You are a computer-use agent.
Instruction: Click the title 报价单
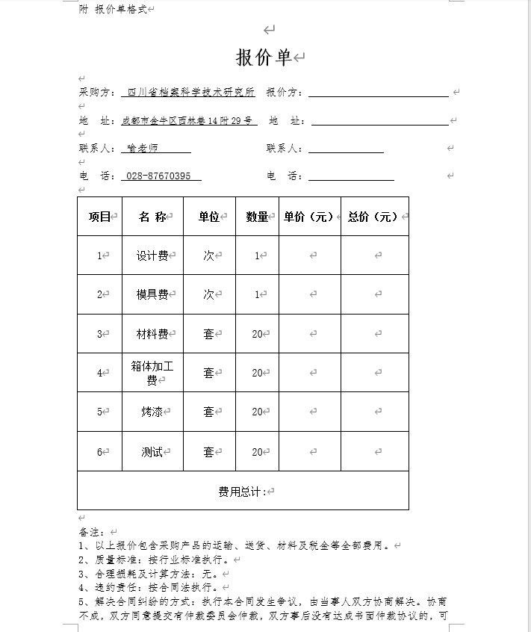tap(264, 58)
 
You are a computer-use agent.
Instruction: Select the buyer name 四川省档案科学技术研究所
tap(191, 93)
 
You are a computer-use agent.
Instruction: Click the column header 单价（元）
tap(308, 217)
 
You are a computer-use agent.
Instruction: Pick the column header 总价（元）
tap(373, 217)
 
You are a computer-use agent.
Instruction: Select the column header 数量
tap(257, 217)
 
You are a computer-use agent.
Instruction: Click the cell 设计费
tap(152, 255)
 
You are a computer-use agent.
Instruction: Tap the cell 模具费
tap(152, 294)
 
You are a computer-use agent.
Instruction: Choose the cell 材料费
tap(152, 334)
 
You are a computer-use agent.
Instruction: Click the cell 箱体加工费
tap(152, 373)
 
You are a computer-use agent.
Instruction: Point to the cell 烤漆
tap(152, 412)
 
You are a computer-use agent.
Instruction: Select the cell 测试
tap(152, 452)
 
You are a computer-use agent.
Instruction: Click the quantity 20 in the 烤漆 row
tap(257, 412)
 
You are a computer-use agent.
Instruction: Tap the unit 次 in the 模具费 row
tap(208, 294)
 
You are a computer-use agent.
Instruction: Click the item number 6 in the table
tap(99, 452)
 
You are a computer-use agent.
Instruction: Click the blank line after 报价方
tap(378, 93)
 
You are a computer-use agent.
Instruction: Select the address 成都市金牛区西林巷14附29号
tap(189, 120)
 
